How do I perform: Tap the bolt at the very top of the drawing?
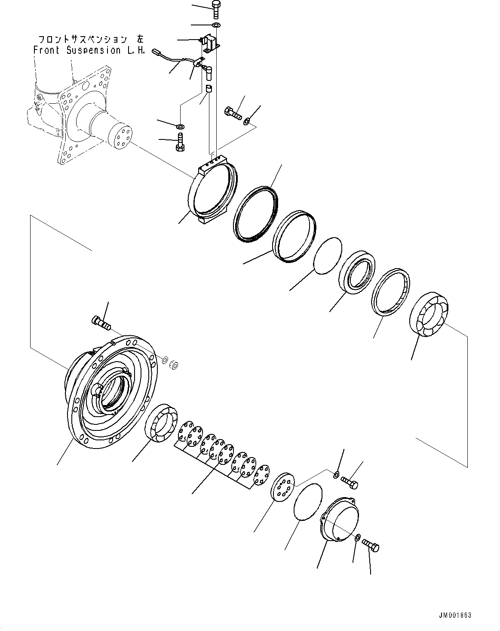coord(215,9)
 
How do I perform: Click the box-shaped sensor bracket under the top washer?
coord(212,44)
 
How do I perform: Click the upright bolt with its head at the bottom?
coord(180,143)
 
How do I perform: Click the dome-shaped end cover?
coord(340,518)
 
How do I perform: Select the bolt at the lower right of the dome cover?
coord(371,545)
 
